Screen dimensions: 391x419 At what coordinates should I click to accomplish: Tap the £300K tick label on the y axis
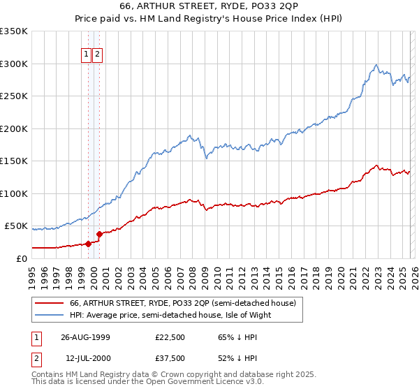[x=14, y=64]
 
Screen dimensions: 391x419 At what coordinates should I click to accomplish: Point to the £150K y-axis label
[x=14, y=161]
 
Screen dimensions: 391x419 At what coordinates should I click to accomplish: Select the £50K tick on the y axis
[x=17, y=226]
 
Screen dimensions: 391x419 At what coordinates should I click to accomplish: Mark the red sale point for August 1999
[x=89, y=244]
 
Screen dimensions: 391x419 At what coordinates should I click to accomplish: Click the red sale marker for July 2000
[x=99, y=234]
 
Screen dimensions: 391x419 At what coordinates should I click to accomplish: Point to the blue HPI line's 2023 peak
[x=376, y=65]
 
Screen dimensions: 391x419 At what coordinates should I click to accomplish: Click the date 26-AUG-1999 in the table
[x=85, y=337]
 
